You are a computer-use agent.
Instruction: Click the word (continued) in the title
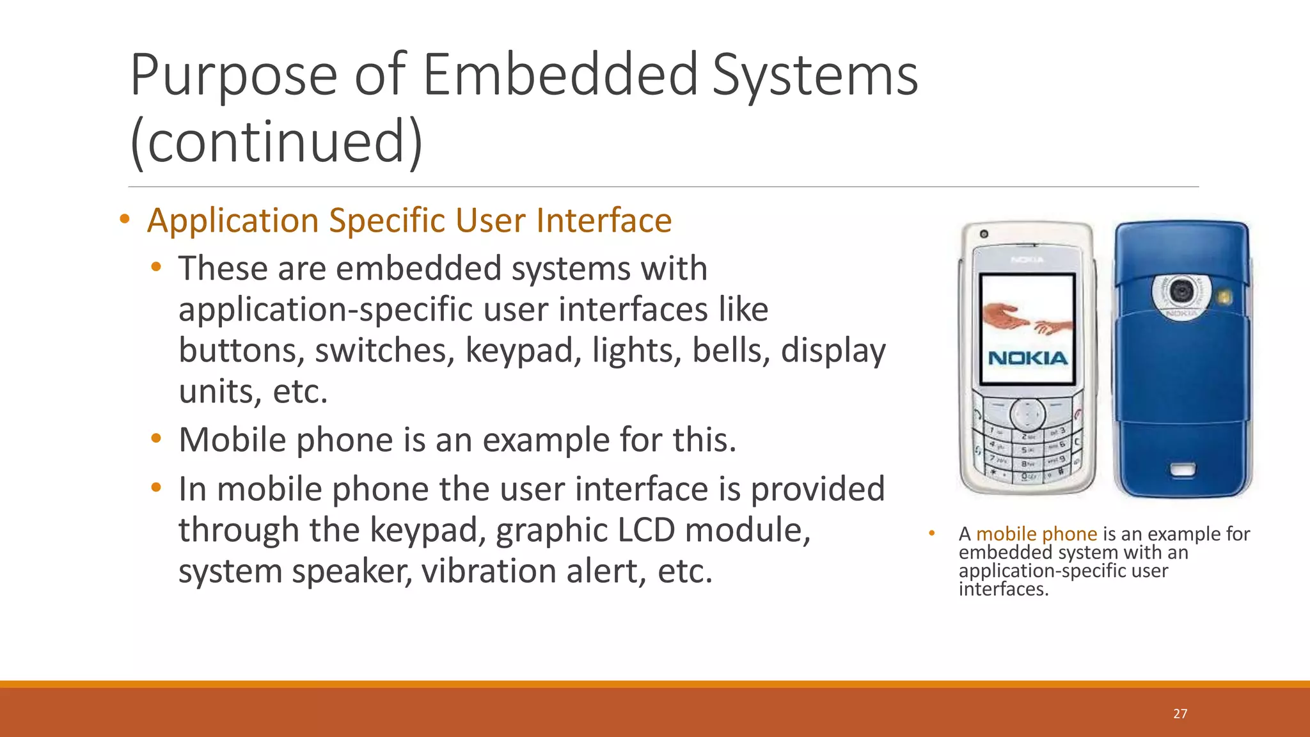(276, 142)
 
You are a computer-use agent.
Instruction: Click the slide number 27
(1180, 714)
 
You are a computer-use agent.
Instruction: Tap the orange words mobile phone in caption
(1036, 534)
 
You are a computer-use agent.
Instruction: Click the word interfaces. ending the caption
(1004, 589)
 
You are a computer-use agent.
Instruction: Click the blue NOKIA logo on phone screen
(1028, 358)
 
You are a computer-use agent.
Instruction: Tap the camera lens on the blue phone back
(1181, 292)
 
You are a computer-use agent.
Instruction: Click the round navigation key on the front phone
(1027, 415)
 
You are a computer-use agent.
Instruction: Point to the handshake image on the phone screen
(1027, 318)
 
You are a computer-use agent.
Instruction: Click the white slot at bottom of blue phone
(1183, 471)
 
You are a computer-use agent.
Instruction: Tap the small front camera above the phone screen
(984, 234)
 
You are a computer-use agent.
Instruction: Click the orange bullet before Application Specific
(125, 220)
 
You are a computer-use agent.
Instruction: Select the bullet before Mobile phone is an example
(156, 439)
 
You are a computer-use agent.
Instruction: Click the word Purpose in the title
(233, 75)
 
